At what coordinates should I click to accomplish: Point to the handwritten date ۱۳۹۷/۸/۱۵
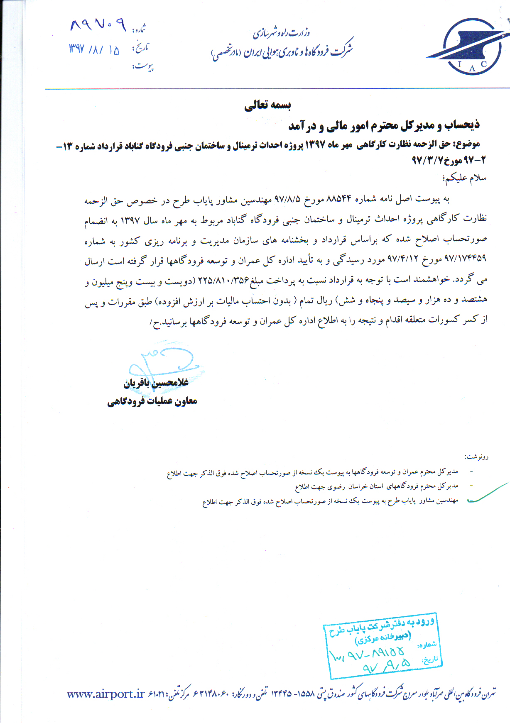94,49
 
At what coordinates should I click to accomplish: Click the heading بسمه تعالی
267,105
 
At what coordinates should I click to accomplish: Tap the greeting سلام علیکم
465,178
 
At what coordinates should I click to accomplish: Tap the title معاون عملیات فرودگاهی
152,401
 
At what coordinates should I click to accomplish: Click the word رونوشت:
476,457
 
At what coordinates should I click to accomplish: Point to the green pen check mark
488,494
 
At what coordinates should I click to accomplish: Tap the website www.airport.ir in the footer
105,694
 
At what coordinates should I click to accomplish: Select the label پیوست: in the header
143,66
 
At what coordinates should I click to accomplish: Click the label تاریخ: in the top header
140,47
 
